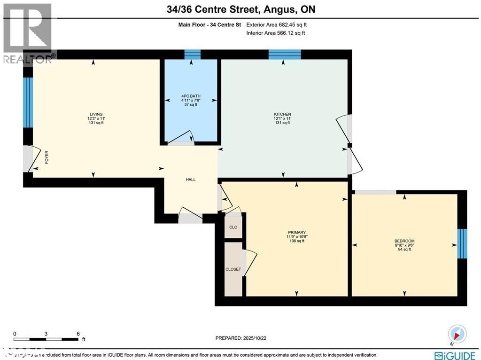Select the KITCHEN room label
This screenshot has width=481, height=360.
(283, 114)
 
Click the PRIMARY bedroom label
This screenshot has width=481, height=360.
(297, 232)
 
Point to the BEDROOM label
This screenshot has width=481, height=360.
(404, 241)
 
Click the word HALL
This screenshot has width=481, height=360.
(190, 180)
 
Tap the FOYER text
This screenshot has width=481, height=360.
(47, 157)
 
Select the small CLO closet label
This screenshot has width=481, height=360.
(233, 227)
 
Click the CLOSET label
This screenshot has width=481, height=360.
(233, 269)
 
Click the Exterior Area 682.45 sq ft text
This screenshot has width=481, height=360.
(277, 25)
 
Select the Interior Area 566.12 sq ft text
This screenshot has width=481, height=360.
(276, 33)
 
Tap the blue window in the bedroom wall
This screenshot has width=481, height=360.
(462, 243)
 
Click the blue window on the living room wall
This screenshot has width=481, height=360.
(28, 102)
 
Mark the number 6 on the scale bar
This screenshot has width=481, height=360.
(78, 334)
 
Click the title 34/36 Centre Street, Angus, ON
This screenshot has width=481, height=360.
(240, 9)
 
